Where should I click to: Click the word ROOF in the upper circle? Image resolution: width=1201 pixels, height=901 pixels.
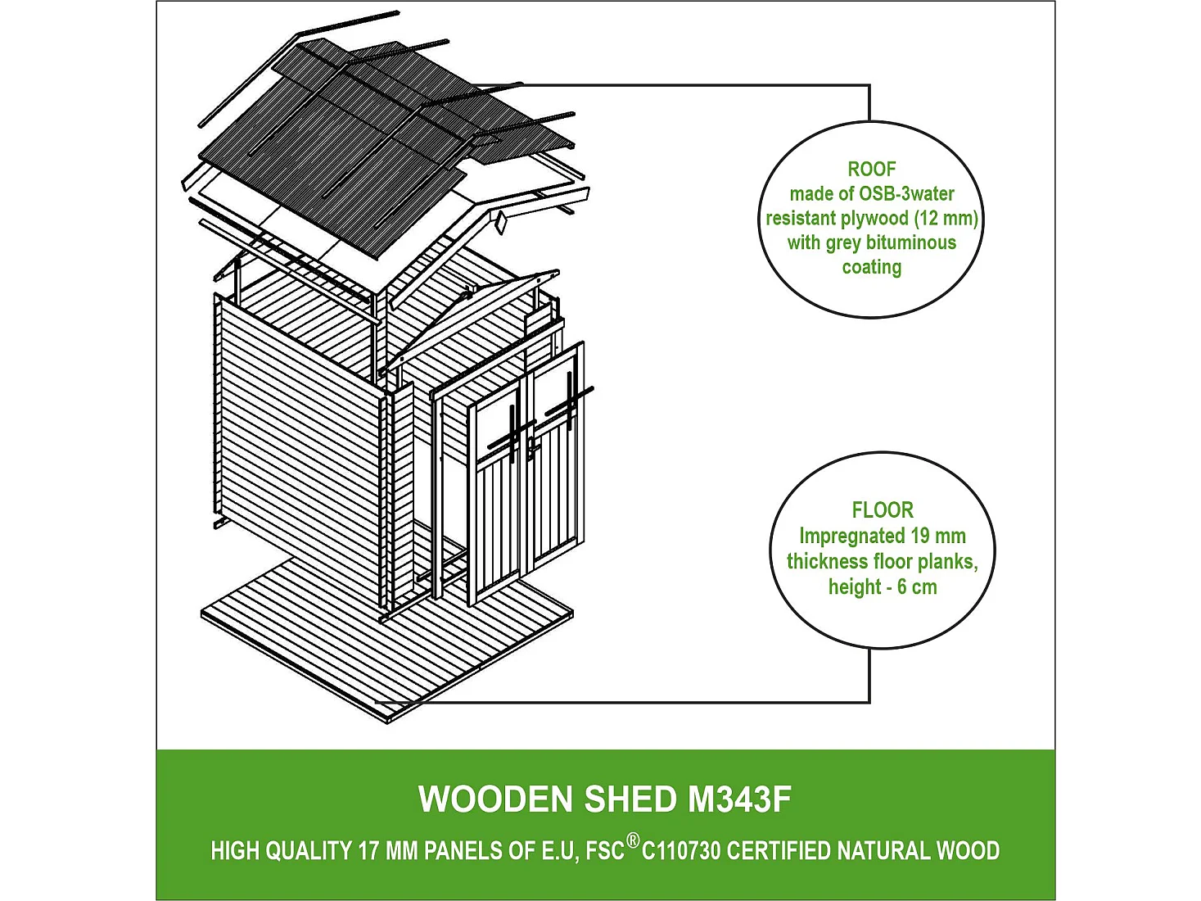point(872,170)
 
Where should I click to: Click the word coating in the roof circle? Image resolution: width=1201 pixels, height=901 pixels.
point(872,267)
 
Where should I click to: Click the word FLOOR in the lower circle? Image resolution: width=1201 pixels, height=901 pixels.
point(883,510)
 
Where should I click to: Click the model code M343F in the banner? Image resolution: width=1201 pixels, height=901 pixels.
point(738,799)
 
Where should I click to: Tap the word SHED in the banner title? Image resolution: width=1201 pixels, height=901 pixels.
point(630,799)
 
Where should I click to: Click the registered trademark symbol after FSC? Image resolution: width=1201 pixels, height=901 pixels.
point(633,842)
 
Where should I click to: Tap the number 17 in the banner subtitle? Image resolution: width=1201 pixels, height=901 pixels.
point(368,851)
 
